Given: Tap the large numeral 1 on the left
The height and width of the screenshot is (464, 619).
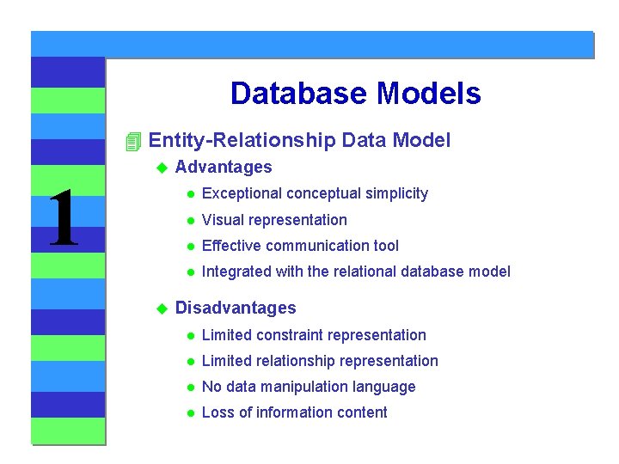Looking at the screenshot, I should (63, 219).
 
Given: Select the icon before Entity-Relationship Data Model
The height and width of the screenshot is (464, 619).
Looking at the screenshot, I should (132, 141).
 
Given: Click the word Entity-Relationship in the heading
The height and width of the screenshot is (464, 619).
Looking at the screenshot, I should (242, 140).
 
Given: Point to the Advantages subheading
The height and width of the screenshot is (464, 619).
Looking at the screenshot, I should (224, 167).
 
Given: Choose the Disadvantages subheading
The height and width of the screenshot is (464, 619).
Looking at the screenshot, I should (236, 308).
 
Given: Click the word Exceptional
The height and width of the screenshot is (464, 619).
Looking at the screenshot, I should (237, 193).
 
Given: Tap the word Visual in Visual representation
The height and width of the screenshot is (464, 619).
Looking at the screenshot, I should (222, 220).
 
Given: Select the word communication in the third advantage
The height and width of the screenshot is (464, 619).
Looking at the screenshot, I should (317, 246).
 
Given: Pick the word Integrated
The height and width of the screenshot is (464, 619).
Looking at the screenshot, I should (236, 272).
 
